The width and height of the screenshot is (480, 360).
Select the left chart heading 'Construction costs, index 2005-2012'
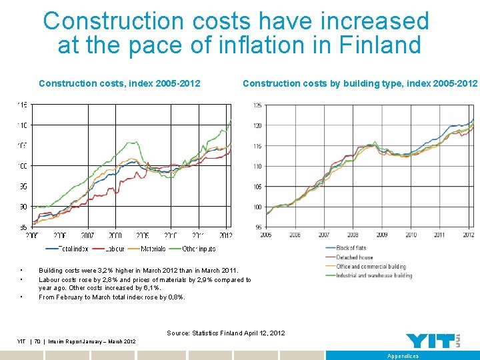(120, 83)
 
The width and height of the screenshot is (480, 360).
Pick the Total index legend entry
(72, 248)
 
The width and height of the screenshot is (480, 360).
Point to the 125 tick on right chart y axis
(257, 105)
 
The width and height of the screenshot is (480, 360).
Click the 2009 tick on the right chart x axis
(381, 235)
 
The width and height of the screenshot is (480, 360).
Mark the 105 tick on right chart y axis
(257, 187)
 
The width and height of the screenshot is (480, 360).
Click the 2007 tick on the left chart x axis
(88, 235)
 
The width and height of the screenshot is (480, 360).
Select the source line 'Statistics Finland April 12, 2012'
(225, 333)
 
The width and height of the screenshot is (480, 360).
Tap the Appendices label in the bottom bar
(403, 356)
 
